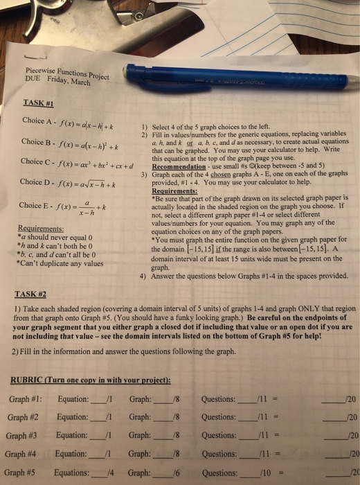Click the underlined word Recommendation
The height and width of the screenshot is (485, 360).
point(186,167)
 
